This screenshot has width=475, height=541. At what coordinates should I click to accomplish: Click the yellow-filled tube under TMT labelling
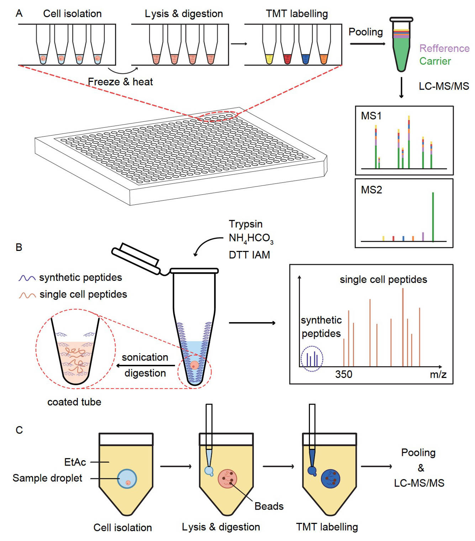(269, 58)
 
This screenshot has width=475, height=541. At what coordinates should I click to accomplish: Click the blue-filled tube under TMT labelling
(306, 58)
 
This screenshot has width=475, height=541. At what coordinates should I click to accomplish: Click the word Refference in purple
(444, 48)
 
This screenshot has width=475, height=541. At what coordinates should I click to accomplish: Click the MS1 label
(371, 116)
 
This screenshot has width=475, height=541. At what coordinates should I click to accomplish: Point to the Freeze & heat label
(120, 82)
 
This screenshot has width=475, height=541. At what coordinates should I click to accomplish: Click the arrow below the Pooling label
(367, 44)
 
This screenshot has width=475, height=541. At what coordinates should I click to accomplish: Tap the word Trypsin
(246, 224)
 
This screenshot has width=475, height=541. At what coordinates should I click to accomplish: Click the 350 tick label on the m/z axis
(343, 374)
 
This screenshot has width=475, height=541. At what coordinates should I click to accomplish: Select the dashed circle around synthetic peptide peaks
(312, 359)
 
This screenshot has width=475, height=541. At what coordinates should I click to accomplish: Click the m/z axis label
(438, 374)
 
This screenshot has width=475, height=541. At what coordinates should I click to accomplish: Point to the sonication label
(145, 357)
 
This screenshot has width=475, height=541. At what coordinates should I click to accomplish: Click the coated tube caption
(74, 402)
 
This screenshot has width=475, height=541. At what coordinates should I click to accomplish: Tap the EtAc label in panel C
(75, 462)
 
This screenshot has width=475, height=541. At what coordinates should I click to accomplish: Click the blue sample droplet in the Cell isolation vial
(127, 479)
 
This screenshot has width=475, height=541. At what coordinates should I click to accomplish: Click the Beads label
(269, 506)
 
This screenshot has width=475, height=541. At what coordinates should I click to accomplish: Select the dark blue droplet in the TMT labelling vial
(331, 479)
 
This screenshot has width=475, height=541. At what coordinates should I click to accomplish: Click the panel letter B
(19, 247)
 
